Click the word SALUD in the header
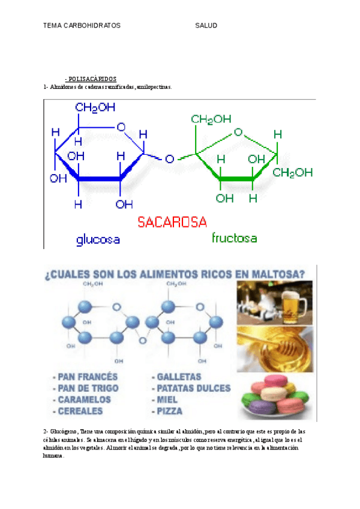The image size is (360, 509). pyautogui.click(x=206, y=26)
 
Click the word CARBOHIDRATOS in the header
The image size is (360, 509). pyautogui.click(x=90, y=26)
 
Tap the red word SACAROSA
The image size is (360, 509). pyautogui.click(x=172, y=222)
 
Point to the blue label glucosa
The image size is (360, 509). pyautogui.click(x=98, y=240)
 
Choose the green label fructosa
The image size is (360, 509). pyautogui.click(x=234, y=238)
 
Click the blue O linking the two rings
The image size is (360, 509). pyautogui.click(x=170, y=159)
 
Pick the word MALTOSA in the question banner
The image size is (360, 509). pyautogui.click(x=274, y=275)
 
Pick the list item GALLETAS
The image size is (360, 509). pyautogui.click(x=179, y=377)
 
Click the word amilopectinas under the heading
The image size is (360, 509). pyautogui.click(x=154, y=87)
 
